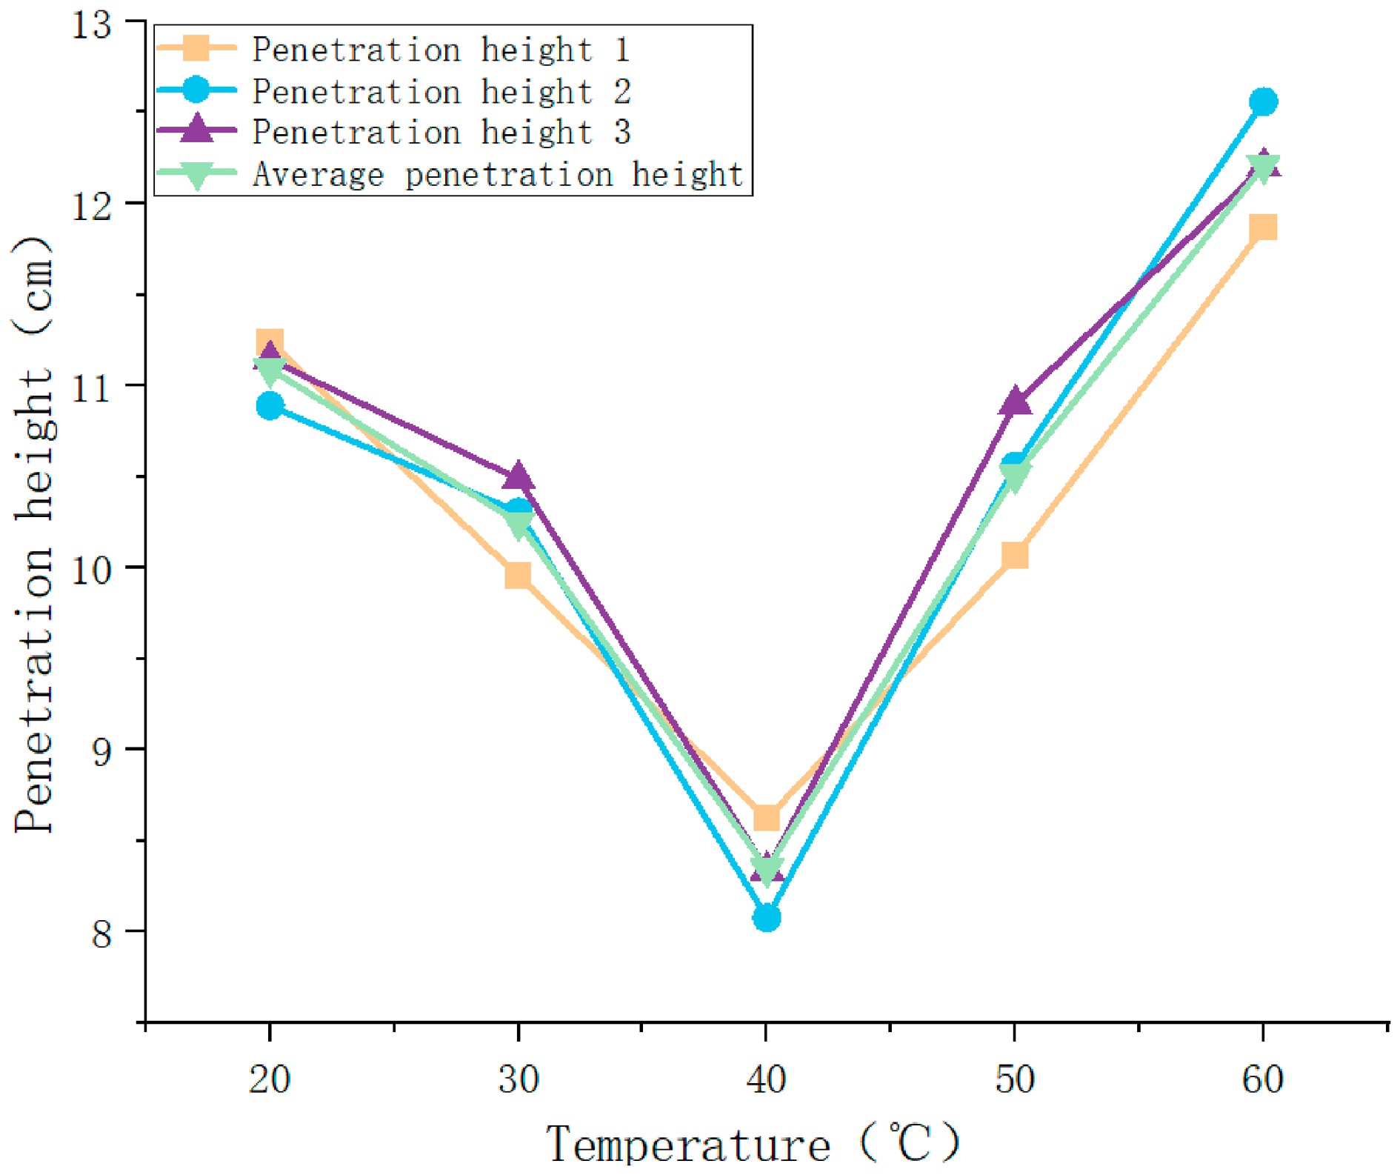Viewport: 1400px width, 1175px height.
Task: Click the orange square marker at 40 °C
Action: [766, 818]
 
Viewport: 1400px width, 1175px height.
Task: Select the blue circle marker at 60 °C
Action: [1263, 101]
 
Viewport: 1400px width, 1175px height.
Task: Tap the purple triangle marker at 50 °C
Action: [1015, 401]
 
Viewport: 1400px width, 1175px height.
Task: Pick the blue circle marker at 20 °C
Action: [270, 405]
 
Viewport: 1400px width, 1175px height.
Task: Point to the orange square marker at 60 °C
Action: [1263, 227]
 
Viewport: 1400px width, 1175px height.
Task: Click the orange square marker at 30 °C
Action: [518, 575]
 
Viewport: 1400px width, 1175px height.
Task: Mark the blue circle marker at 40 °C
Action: [766, 918]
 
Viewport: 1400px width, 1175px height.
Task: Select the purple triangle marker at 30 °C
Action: [518, 476]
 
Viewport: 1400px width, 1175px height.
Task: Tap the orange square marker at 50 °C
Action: [1015, 555]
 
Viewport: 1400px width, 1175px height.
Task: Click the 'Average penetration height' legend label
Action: [498, 175]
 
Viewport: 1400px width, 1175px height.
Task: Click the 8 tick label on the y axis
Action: [101, 933]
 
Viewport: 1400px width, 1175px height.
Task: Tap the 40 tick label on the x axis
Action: [766, 1079]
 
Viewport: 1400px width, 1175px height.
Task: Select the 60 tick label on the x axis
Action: [1263, 1079]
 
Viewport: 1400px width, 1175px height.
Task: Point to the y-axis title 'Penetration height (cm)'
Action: [33, 534]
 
